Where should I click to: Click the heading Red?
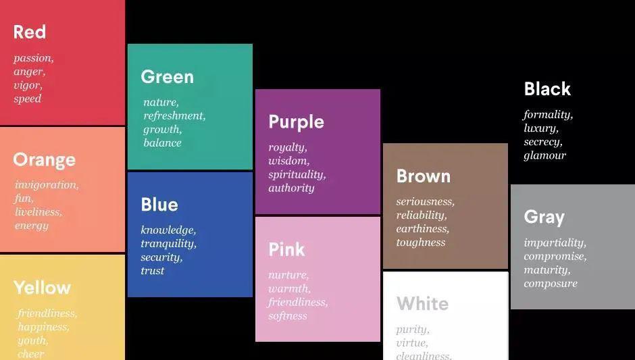(x=30, y=32)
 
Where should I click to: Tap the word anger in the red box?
(x=29, y=72)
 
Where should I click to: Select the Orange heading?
(x=44, y=160)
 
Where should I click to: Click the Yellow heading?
(x=42, y=288)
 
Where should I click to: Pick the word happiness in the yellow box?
(x=43, y=327)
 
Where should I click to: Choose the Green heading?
(x=168, y=77)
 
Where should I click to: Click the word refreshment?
(x=174, y=115)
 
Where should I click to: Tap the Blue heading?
(x=159, y=205)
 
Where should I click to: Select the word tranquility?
(x=168, y=244)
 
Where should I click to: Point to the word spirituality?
(x=297, y=175)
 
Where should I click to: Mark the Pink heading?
(x=286, y=249)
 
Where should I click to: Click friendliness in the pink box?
(x=298, y=302)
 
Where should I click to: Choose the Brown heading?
(x=424, y=176)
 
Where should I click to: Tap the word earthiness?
(x=423, y=228)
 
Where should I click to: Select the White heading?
(x=423, y=303)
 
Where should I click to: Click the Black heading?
(x=548, y=88)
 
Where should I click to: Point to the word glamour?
(x=544, y=155)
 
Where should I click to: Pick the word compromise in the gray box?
(x=555, y=257)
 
